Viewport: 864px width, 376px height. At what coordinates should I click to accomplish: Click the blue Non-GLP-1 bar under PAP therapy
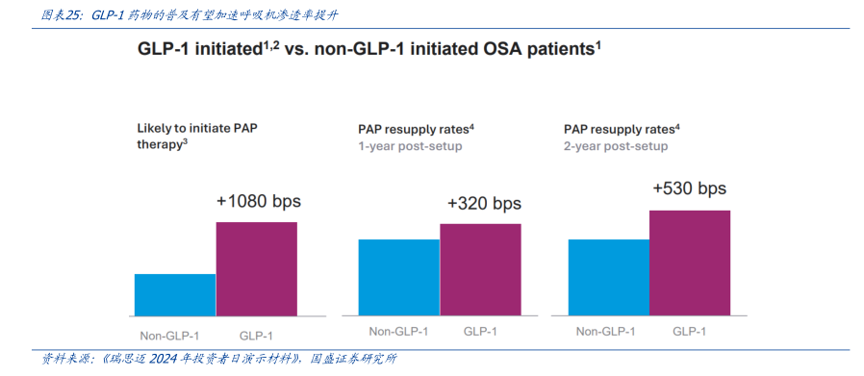[175, 295]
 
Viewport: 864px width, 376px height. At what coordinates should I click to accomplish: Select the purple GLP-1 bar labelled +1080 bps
[256, 269]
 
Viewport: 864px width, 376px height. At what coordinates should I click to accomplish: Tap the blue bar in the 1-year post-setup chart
[398, 278]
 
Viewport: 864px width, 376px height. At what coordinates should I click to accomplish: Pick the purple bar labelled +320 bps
[480, 270]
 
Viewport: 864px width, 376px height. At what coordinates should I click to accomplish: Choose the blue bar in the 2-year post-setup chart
[608, 278]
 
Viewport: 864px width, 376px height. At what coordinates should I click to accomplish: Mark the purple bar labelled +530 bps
[690, 263]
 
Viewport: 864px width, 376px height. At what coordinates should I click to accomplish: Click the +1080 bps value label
[259, 201]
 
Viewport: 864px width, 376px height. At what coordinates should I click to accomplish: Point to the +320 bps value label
[484, 203]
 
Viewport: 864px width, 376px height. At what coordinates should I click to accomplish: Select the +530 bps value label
[690, 188]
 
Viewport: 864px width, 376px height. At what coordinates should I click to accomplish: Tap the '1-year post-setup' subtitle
[410, 146]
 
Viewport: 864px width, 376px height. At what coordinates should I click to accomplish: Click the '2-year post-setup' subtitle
[616, 146]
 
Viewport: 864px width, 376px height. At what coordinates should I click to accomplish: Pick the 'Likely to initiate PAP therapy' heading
[197, 137]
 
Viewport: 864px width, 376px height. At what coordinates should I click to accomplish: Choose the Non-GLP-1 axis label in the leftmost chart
[169, 336]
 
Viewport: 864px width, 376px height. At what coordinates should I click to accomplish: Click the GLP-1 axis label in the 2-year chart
[689, 332]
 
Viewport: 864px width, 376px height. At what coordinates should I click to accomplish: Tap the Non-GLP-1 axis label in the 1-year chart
[398, 332]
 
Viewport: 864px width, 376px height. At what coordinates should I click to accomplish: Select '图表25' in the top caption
[59, 15]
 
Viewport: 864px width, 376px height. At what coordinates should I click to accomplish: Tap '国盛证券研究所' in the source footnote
[353, 360]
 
